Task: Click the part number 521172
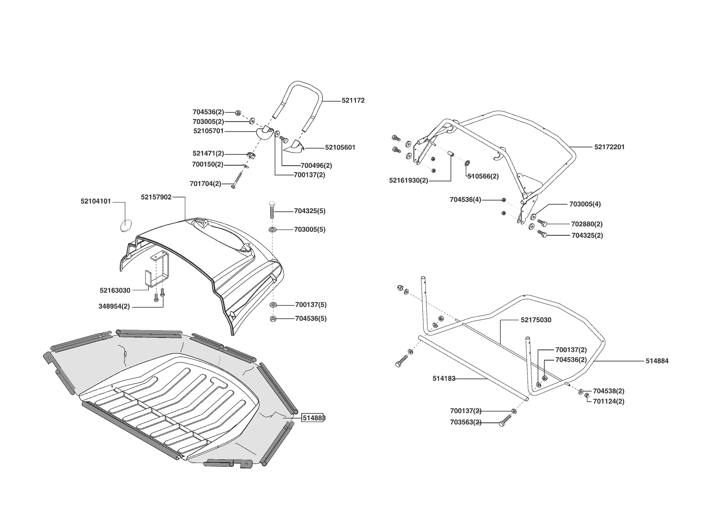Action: pyautogui.click(x=353, y=101)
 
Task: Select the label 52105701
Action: pyautogui.click(x=208, y=131)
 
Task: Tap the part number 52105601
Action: pyautogui.click(x=340, y=148)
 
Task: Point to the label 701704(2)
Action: pyautogui.click(x=205, y=184)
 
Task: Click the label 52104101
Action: pyautogui.click(x=96, y=202)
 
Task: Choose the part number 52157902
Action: pyautogui.click(x=156, y=197)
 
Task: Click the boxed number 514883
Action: pyautogui.click(x=314, y=418)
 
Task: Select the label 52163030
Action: pyautogui.click(x=115, y=291)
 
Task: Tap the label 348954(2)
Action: pyautogui.click(x=114, y=307)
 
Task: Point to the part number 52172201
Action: pyautogui.click(x=609, y=147)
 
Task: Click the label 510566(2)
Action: pyautogui.click(x=483, y=176)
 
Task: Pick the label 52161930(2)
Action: pyautogui.click(x=408, y=180)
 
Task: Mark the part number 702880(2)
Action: pyautogui.click(x=587, y=224)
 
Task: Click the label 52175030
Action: pyautogui.click(x=536, y=320)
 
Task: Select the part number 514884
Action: pyautogui.click(x=657, y=361)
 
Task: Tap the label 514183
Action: pyautogui.click(x=444, y=379)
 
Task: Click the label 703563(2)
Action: pyautogui.click(x=465, y=423)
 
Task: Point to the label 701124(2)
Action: pyautogui.click(x=608, y=401)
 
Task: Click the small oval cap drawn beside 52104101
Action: pyautogui.click(x=125, y=225)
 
